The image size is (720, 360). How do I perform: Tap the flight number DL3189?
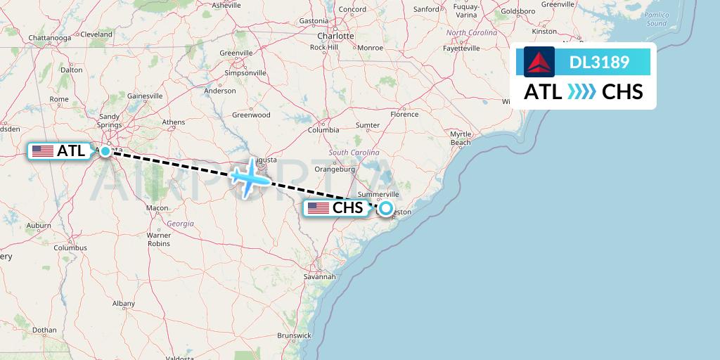[x=599, y=63]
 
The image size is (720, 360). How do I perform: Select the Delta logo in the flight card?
[x=539, y=62]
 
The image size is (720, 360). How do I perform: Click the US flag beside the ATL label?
[x=43, y=150]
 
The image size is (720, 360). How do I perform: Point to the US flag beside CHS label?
[x=319, y=207]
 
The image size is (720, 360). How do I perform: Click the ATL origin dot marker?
[x=105, y=150]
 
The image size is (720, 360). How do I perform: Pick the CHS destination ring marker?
[x=385, y=208]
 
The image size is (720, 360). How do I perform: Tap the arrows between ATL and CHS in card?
[x=581, y=92]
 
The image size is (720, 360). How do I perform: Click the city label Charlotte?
[x=335, y=36]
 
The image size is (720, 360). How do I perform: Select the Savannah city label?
[x=319, y=277]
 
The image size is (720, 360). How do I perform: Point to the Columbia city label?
[x=323, y=130]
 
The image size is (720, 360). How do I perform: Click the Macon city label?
[x=157, y=208]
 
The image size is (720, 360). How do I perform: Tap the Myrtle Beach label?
[x=461, y=138]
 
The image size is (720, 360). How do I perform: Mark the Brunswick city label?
[x=293, y=335]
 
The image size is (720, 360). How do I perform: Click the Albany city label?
[x=124, y=304]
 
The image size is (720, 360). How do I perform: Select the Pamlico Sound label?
[x=656, y=19]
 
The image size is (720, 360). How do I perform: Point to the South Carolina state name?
[x=354, y=153]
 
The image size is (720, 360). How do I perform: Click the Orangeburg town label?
[x=335, y=169]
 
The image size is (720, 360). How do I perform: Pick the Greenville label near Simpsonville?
[x=236, y=53]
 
